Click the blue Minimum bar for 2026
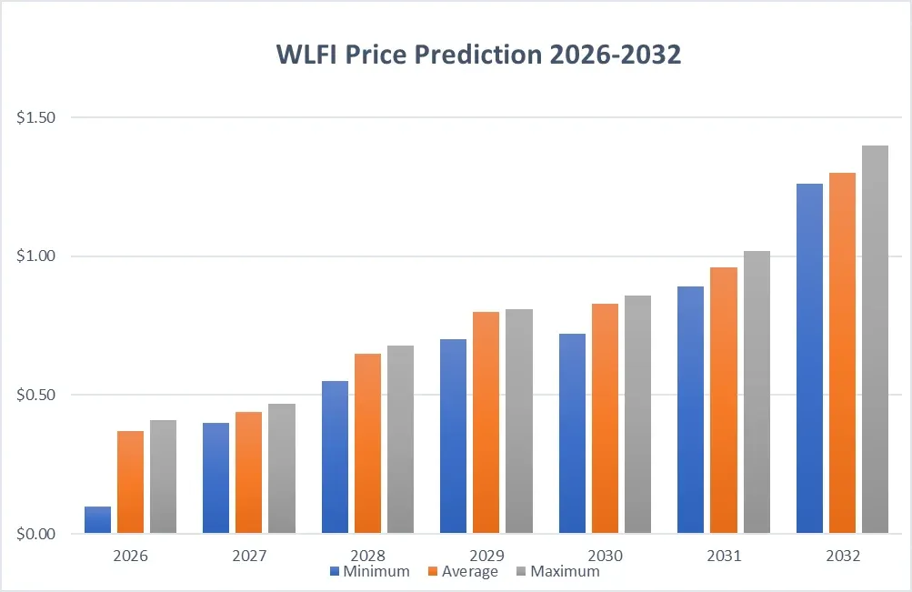point(97,520)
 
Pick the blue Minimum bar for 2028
point(335,457)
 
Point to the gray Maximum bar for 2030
point(637,415)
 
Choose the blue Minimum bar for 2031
point(690,410)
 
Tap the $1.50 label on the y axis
point(36,118)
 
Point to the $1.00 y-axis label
point(36,256)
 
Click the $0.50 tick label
point(36,396)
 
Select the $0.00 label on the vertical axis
point(36,534)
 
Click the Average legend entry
point(469,572)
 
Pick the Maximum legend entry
point(564,572)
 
